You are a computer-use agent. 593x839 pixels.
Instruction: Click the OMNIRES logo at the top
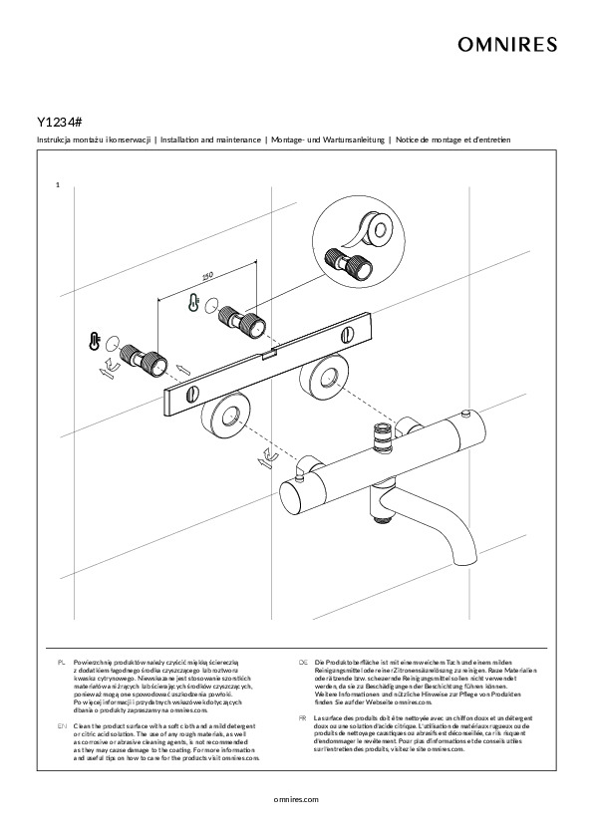(507, 45)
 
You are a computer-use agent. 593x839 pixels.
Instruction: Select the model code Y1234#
(60, 122)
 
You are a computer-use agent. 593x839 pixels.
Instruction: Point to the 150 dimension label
(207, 276)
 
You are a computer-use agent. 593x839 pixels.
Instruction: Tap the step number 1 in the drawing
(57, 185)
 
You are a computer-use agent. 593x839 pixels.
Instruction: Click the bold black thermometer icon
(95, 341)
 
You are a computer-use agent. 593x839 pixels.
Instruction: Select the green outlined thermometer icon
(192, 302)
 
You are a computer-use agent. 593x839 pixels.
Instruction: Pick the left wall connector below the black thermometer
(143, 360)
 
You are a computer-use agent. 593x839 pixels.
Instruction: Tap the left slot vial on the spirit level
(192, 396)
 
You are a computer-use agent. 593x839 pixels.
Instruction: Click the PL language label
(62, 663)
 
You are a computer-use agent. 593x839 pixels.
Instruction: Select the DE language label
(303, 663)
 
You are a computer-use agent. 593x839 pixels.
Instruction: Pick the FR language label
(303, 718)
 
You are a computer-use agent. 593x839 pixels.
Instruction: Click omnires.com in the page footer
(296, 799)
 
